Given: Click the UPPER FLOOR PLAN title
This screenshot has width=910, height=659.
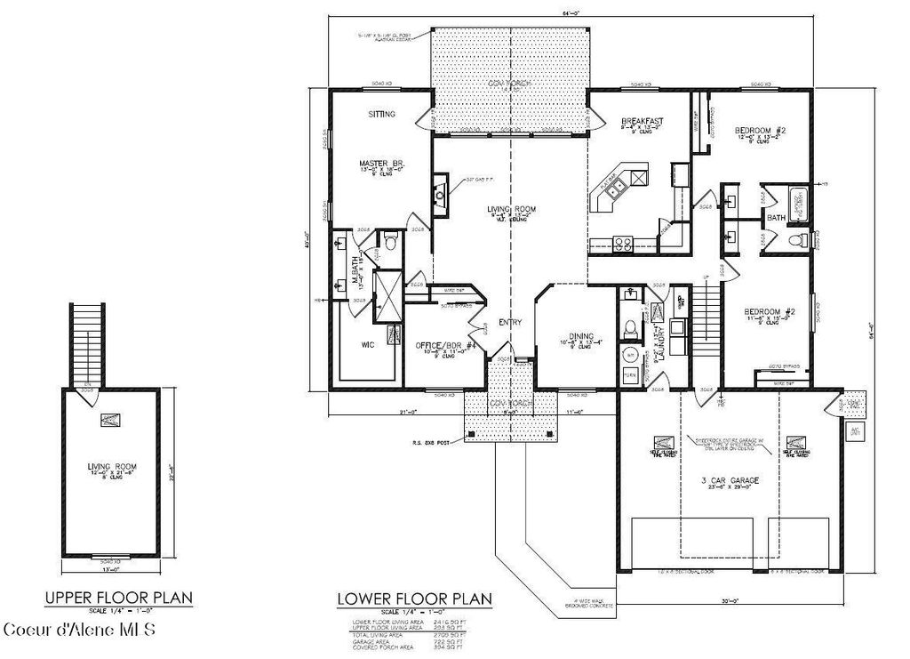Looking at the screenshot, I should point(121,597).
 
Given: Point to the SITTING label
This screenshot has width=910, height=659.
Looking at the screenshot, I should point(382,115).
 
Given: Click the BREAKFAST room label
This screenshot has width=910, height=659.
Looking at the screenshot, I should point(643,121).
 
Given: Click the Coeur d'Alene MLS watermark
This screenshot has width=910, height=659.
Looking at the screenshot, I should point(79,631).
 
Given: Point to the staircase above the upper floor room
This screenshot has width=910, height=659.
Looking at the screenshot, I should point(86,343).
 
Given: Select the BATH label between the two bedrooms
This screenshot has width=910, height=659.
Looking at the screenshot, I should point(776,218).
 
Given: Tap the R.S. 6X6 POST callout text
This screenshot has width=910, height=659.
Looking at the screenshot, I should point(431,441).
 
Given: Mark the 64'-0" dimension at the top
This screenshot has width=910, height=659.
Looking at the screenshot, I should point(569,12).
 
